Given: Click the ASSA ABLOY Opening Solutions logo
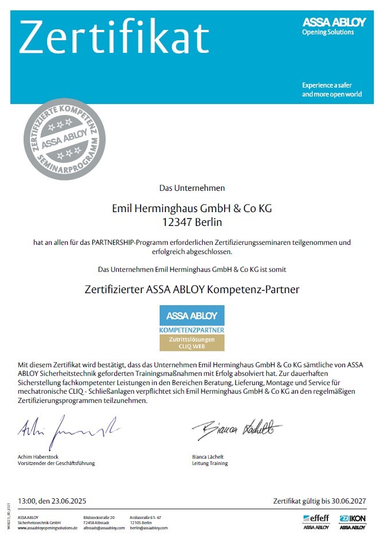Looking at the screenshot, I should pos(334,26).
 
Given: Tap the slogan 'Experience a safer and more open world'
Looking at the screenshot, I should pos(332,90).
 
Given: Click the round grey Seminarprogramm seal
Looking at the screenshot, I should pos(64,139).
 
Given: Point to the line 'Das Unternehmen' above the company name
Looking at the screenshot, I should pos(192,187).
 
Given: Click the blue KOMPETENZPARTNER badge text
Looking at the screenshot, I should pos(192,330).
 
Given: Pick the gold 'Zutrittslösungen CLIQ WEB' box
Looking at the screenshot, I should pos(192,343).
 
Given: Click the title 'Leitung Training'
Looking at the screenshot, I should pos(210,463).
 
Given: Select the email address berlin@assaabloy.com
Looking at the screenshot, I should pos(149,528).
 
